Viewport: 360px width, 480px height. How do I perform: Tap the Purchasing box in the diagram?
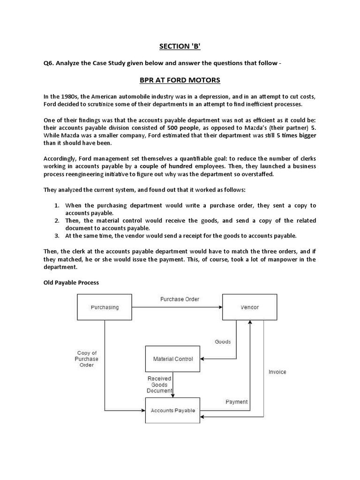click(x=105, y=307)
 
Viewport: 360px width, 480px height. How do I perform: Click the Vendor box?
click(x=249, y=307)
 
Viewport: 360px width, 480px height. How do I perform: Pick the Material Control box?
click(x=173, y=359)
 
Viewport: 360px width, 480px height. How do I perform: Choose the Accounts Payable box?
click(x=173, y=411)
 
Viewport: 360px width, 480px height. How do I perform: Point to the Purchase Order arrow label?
click(x=180, y=299)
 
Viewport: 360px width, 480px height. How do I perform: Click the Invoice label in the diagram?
click(x=277, y=372)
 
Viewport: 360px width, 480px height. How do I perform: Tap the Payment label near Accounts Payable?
click(x=237, y=402)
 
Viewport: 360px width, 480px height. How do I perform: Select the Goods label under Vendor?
click(x=223, y=342)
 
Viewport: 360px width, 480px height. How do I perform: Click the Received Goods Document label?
click(x=159, y=384)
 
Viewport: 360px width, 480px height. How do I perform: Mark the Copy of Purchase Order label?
click(x=87, y=359)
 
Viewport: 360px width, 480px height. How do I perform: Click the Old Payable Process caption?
click(x=69, y=283)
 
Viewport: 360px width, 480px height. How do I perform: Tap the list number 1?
click(x=56, y=205)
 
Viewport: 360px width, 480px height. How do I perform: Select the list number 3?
click(x=56, y=235)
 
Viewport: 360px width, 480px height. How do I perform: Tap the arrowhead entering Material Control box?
click(x=203, y=359)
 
